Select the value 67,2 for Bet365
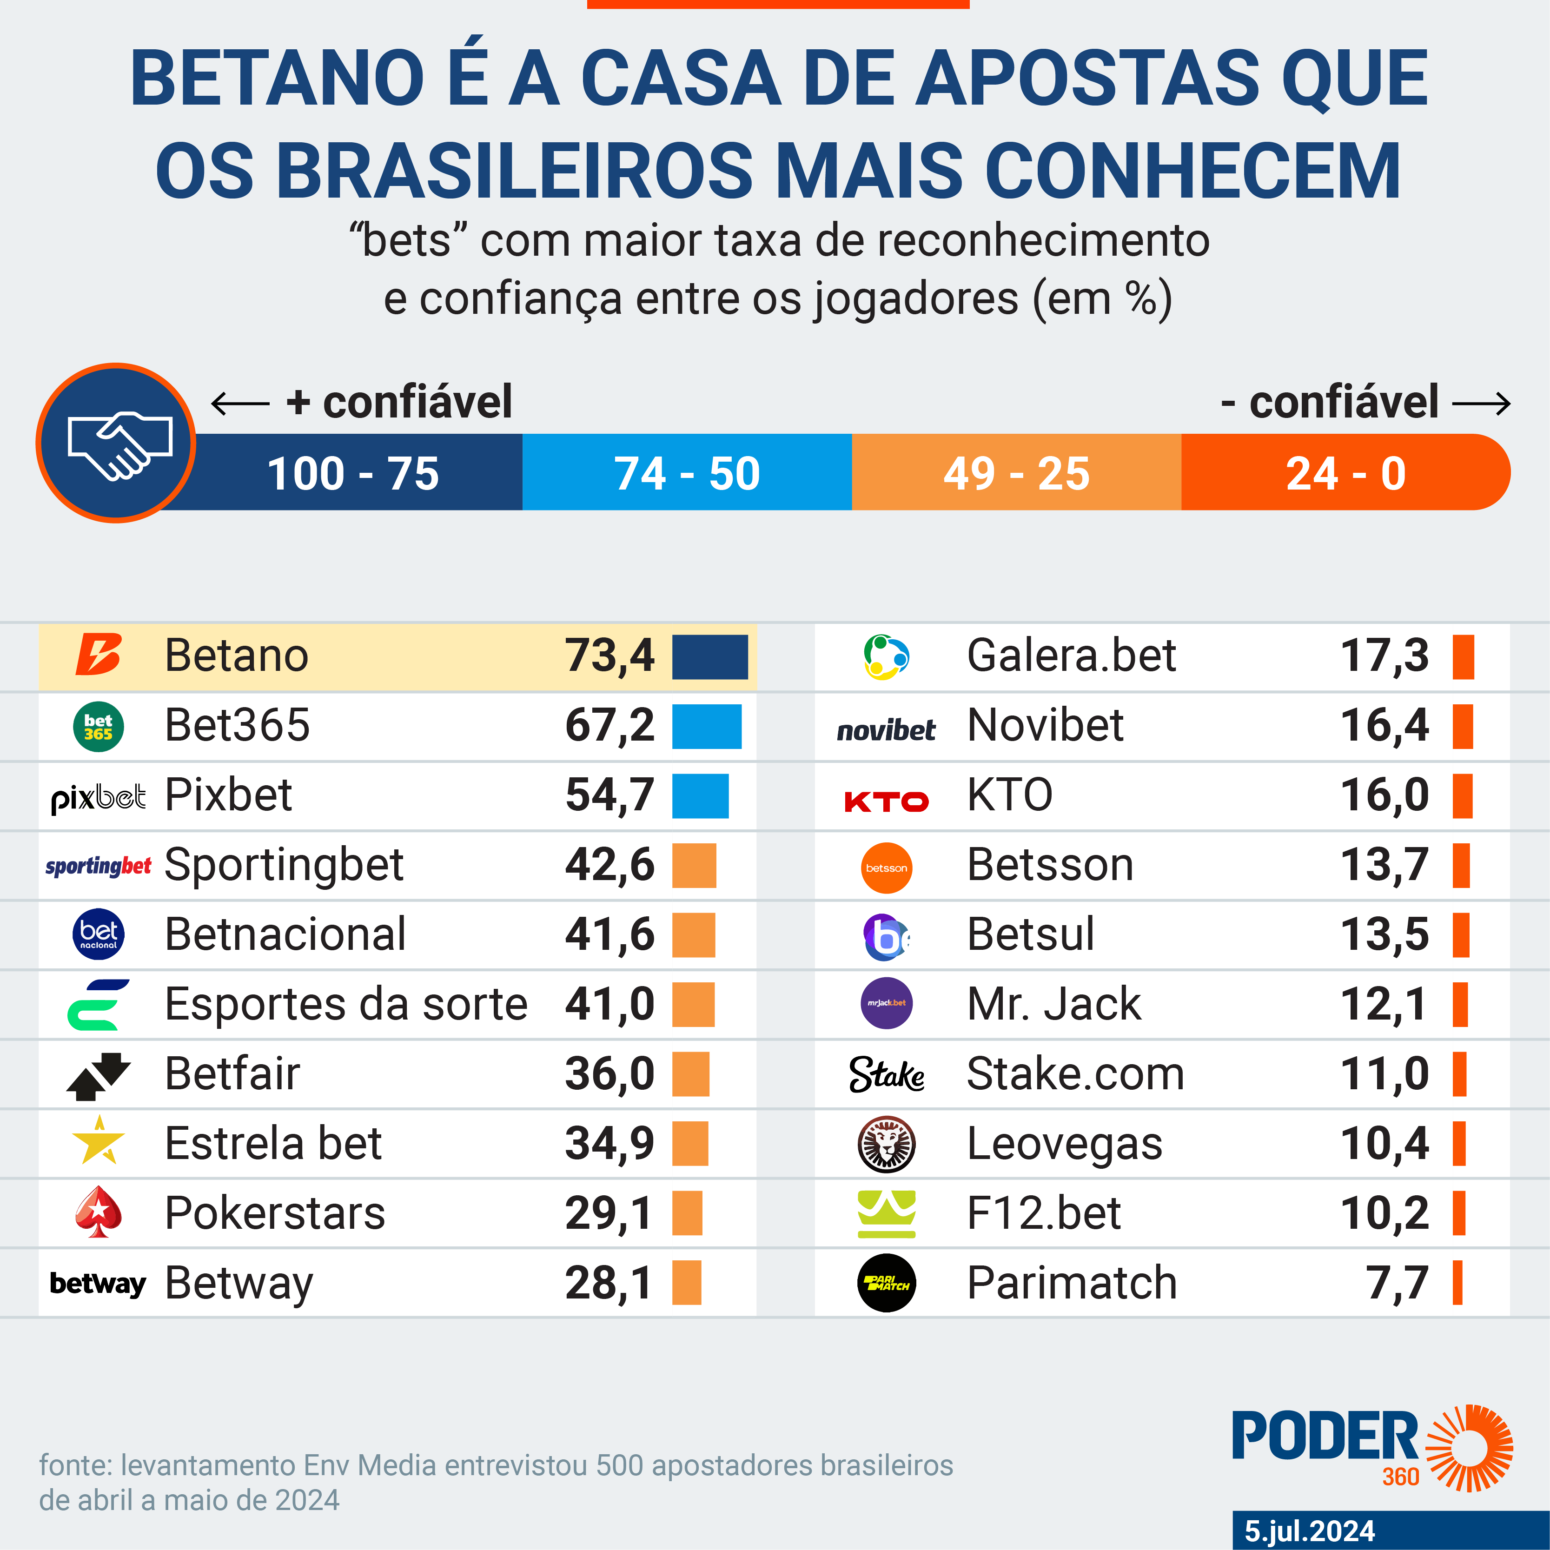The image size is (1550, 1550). (610, 725)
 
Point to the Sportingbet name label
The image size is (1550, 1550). (284, 865)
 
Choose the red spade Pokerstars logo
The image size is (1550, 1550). (98, 1212)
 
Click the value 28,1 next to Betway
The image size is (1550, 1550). (608, 1282)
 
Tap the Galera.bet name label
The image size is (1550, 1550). (1071, 656)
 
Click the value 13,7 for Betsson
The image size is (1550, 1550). (1384, 865)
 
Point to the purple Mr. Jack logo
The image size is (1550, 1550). (887, 1003)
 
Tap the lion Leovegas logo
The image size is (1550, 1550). (887, 1143)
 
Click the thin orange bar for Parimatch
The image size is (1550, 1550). (1457, 1282)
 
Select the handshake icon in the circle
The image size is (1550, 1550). (117, 443)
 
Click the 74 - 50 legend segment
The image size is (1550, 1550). (687, 472)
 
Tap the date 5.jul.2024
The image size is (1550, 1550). (1309, 1531)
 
